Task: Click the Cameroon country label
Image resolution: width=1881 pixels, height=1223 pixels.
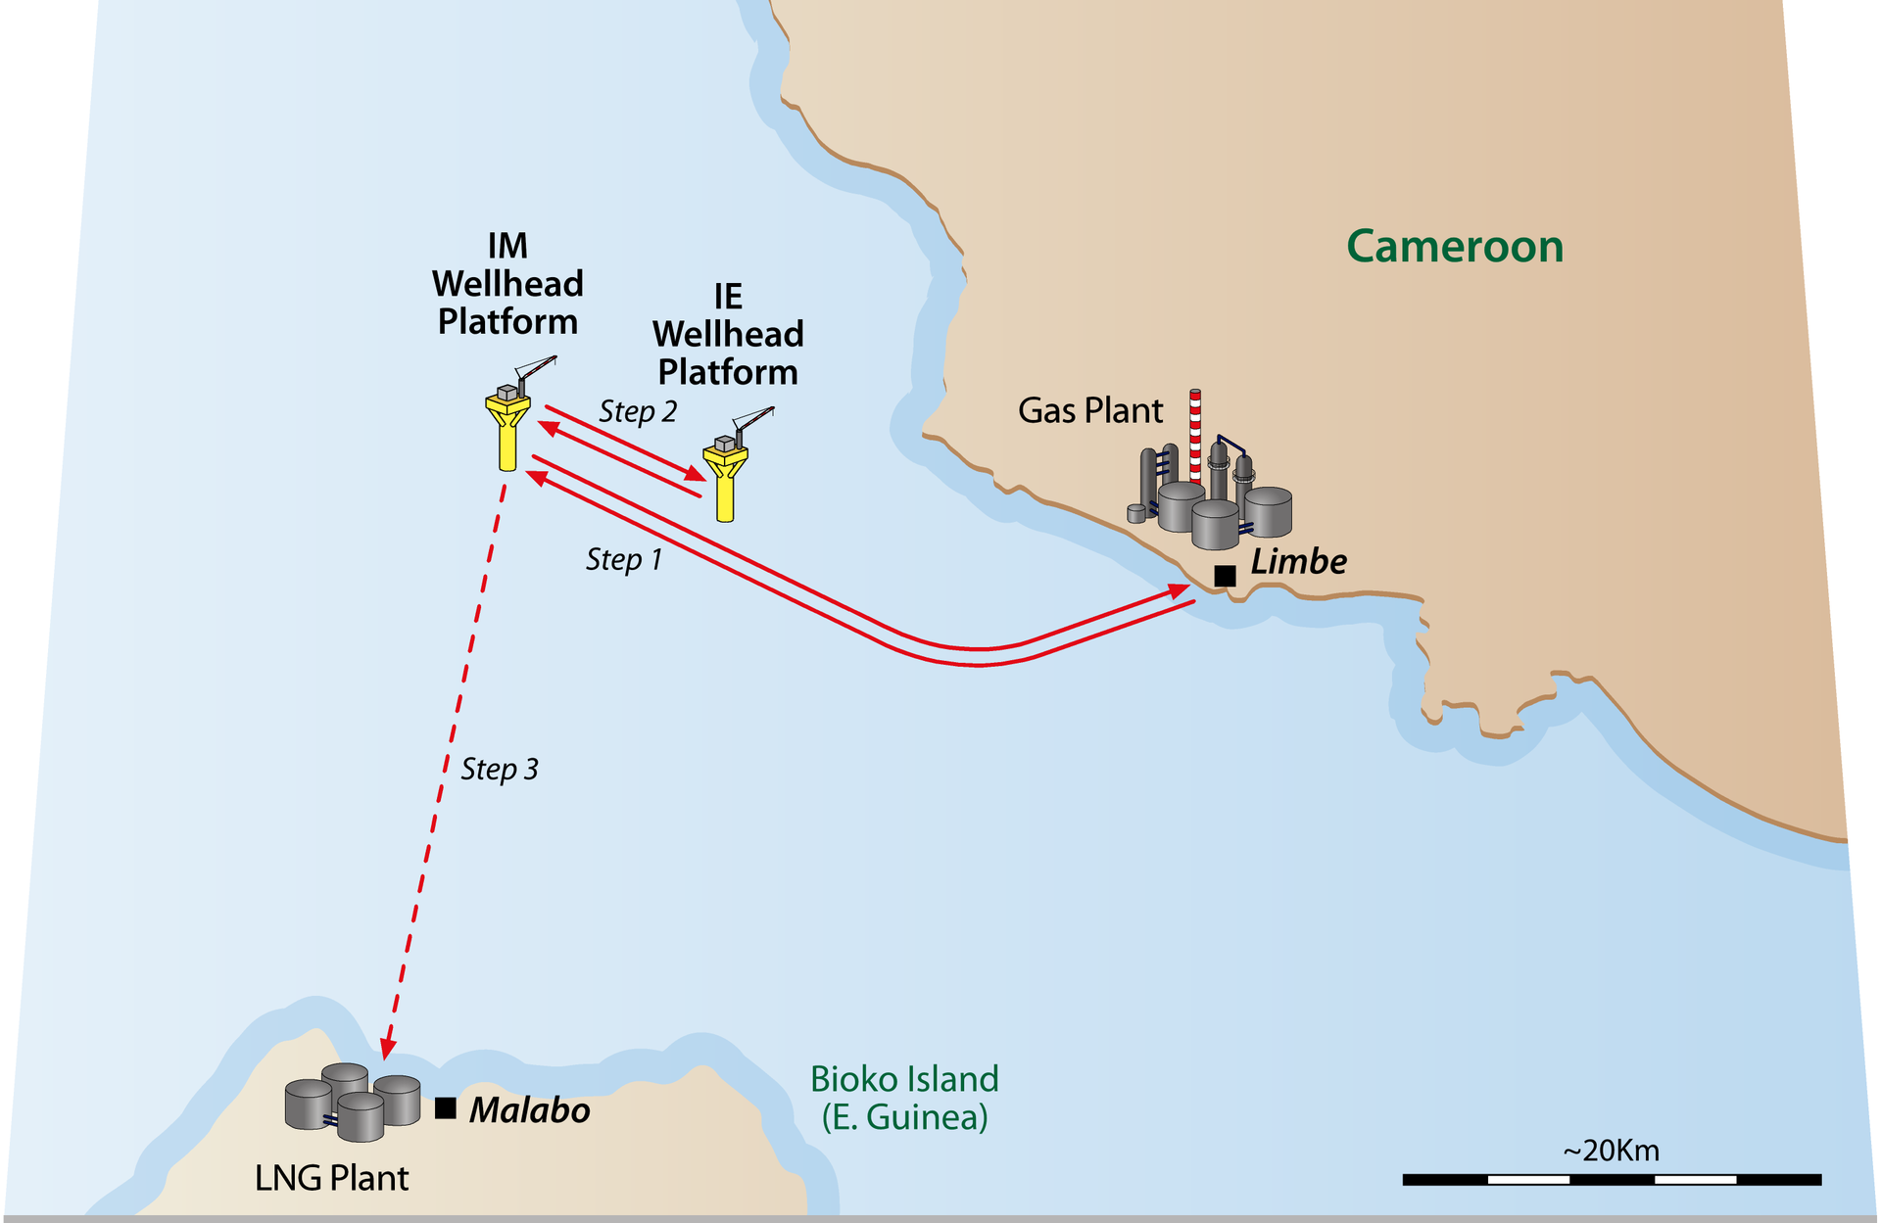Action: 1454,246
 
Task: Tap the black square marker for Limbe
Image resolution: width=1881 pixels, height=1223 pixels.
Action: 1225,576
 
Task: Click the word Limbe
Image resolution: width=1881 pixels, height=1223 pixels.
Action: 1298,561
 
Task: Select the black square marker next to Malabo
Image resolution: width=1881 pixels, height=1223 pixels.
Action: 446,1107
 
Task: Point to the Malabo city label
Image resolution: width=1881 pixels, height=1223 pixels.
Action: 529,1110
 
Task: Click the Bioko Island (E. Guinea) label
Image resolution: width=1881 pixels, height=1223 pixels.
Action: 904,1098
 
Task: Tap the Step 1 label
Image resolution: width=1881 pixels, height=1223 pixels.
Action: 624,559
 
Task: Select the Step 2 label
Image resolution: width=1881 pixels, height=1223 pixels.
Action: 638,411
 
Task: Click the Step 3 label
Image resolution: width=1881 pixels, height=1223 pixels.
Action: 500,769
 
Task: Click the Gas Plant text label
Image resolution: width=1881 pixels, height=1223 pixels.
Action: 1090,410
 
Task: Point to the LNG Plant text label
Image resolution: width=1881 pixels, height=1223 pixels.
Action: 331,1178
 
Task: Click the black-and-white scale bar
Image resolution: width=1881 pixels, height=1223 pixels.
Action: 1612,1180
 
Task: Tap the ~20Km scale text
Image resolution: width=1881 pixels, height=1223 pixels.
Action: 1612,1151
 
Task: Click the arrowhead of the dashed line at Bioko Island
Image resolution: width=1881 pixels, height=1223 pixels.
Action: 388,1050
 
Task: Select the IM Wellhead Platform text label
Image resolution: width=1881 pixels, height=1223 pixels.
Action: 507,284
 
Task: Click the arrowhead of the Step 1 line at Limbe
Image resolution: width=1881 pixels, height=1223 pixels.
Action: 1181,589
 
